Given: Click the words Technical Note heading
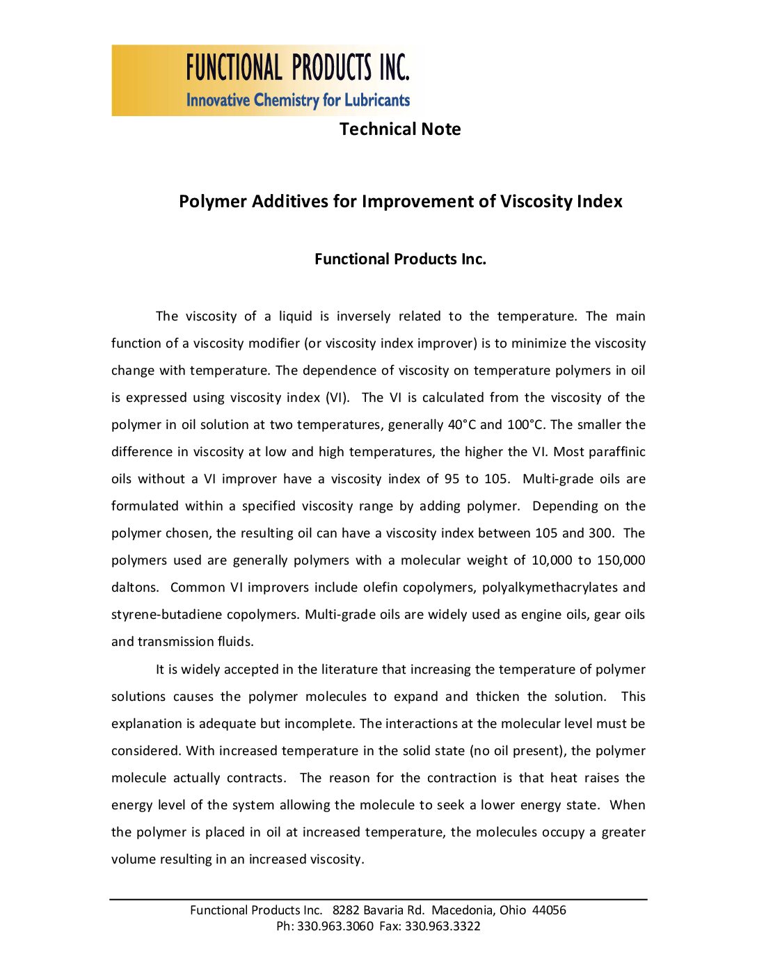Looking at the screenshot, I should [400, 129].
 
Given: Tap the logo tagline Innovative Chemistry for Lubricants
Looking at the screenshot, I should [298, 100].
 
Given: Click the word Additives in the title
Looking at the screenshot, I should [304, 202].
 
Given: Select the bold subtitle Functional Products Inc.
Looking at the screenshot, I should [400, 259].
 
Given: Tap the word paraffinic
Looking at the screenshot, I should [617, 452].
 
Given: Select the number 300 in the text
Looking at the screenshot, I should [600, 533].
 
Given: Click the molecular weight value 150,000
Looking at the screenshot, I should [621, 560].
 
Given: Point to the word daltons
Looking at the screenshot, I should [134, 588].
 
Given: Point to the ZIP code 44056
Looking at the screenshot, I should [549, 910].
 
